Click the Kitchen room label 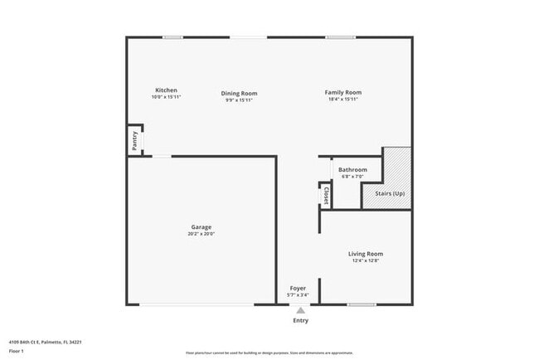point(166,90)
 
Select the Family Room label point(342,92)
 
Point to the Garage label point(202,226)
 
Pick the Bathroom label point(352,170)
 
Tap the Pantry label point(134,141)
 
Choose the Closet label point(326,196)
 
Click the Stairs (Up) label point(390,193)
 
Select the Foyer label point(298,288)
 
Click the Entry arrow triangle point(300,310)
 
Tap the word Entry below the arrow point(300,321)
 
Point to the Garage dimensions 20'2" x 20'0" point(202,234)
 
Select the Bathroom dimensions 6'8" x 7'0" point(352,177)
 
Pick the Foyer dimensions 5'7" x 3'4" point(298,294)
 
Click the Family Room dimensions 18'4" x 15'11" point(342,100)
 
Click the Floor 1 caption point(17,351)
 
